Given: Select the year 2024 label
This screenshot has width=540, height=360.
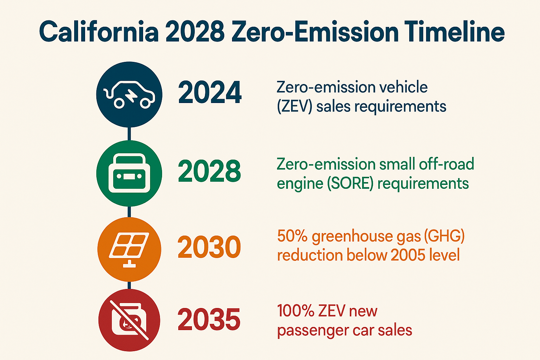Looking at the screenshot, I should pos(210,93).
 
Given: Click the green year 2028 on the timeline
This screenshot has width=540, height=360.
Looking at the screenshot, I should pos(210,171).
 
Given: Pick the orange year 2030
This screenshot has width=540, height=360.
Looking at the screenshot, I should pos(209,247).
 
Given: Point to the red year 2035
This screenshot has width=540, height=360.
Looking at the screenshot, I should pos(209,320).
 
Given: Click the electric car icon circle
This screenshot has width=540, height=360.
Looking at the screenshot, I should pos(129,94).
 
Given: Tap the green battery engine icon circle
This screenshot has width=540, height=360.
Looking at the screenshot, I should pos(129,173).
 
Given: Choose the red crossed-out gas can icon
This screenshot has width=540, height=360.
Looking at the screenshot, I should pos(129,320).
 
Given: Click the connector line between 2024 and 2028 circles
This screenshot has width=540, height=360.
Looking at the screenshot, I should pos(129,134).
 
